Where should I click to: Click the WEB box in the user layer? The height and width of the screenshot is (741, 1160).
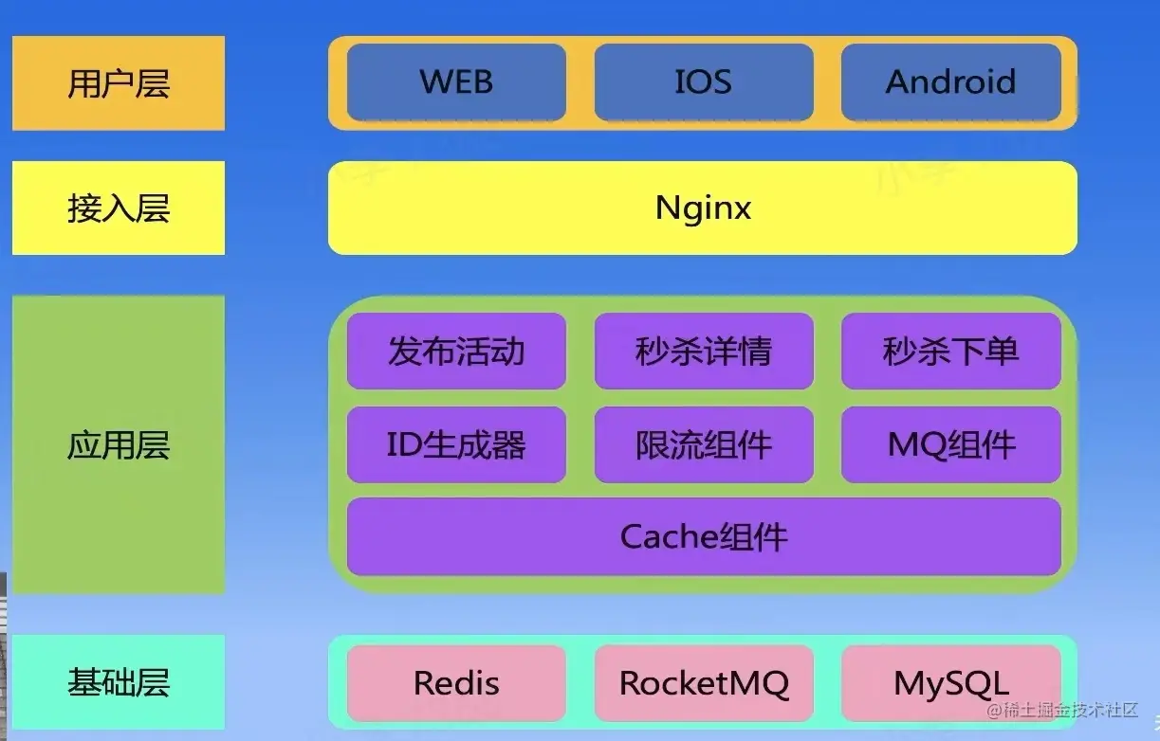click(x=456, y=82)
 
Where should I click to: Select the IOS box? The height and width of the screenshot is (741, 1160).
click(x=703, y=82)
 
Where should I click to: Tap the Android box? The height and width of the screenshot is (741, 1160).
click(x=950, y=82)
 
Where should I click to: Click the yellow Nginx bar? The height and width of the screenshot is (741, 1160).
click(x=703, y=208)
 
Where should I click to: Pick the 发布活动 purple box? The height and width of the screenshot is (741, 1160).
click(x=456, y=352)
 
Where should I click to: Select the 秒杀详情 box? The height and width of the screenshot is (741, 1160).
click(x=703, y=352)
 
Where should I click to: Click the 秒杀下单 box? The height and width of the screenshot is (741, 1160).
click(x=950, y=352)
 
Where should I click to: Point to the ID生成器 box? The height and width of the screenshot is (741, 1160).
click(x=456, y=444)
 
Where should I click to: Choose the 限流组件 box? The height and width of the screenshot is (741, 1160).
click(x=703, y=444)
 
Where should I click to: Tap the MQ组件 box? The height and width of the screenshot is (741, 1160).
click(x=950, y=444)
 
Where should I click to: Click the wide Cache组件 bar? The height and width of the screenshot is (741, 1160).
click(x=703, y=536)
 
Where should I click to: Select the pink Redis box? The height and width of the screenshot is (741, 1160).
click(x=456, y=683)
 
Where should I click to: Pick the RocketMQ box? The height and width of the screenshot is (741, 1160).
click(x=703, y=683)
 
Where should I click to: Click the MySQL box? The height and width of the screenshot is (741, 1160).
click(x=950, y=683)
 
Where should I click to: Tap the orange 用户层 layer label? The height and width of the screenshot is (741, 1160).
click(x=119, y=83)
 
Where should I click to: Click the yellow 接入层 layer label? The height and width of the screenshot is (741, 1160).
click(x=119, y=208)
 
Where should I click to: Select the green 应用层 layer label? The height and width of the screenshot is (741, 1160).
click(x=119, y=444)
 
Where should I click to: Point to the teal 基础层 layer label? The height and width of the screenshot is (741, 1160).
click(x=119, y=681)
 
